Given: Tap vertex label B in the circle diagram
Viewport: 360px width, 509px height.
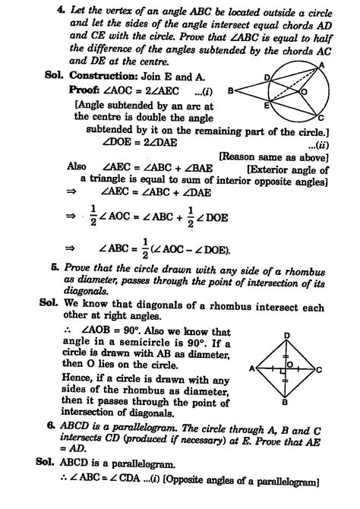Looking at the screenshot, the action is coord(229,90).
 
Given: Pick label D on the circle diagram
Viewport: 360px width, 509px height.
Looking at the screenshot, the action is coord(267,77).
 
